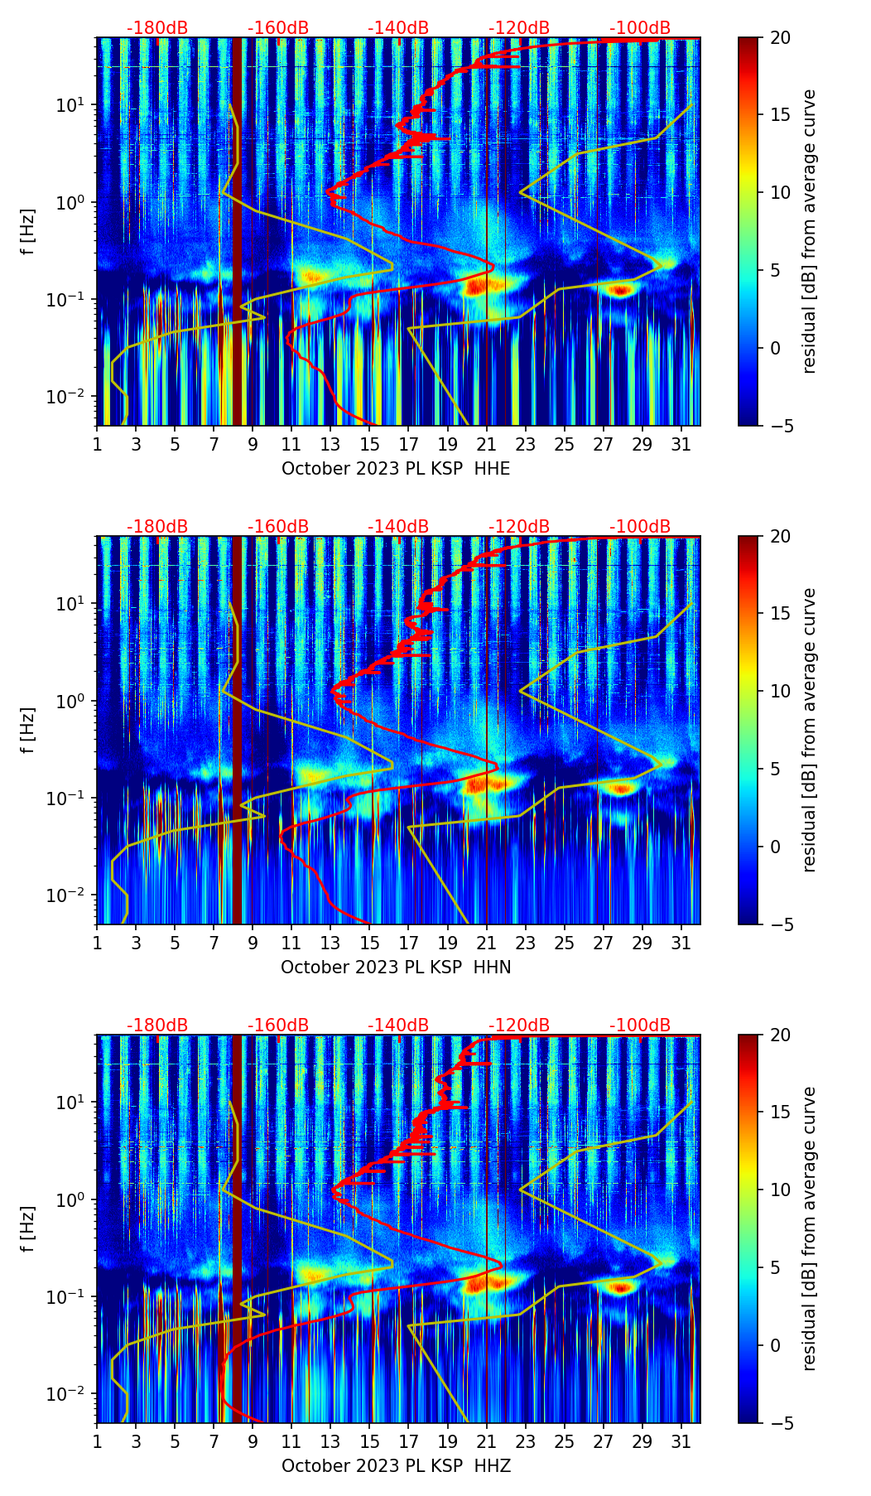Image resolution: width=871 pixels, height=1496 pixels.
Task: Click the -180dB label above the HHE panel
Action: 157,28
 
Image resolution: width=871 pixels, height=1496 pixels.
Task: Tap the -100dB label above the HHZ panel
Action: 640,1025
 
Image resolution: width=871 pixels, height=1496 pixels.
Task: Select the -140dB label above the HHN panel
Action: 398,527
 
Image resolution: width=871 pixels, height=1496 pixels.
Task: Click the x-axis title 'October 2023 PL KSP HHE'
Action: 396,469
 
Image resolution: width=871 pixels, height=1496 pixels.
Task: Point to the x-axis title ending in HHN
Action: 396,968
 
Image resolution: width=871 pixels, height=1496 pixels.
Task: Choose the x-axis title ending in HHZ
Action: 396,1466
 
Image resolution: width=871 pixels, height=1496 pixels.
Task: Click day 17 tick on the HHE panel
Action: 409,444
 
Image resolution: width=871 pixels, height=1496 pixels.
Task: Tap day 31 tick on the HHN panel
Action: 681,943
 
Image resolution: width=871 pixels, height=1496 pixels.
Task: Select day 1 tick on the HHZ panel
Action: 98,1441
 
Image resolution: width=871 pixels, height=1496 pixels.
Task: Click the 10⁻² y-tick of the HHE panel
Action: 73,397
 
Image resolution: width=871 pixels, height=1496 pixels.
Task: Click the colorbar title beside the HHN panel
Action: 809,730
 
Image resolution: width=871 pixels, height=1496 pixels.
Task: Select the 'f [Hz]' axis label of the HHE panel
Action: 28,232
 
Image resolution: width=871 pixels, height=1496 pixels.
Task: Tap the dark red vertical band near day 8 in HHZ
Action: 237,1226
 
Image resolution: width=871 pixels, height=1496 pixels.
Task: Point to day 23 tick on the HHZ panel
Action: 526,1441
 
